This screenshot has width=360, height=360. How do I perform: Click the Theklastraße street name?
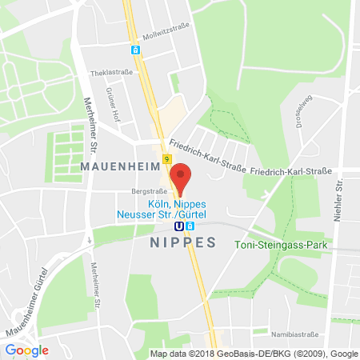(110, 71)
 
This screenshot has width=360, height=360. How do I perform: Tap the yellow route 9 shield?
(166, 160)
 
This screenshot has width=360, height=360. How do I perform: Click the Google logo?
(27, 350)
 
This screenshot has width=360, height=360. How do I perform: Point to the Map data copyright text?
(254, 354)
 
